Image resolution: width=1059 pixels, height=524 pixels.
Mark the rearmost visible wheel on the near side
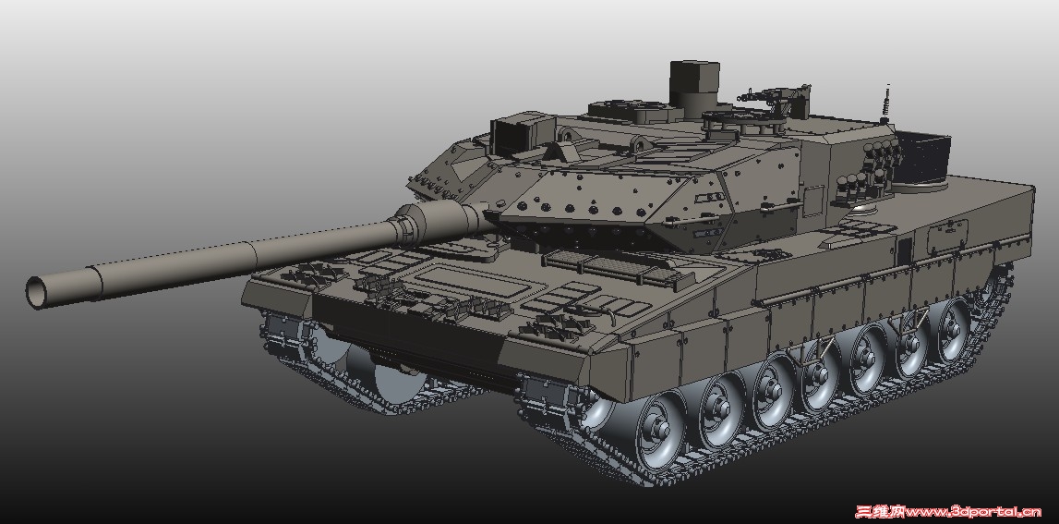pos(952,327)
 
